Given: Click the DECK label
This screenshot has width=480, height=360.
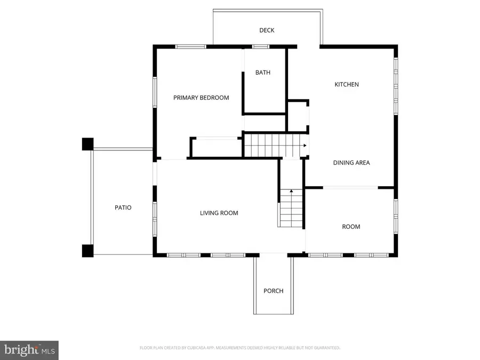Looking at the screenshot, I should [x=267, y=30].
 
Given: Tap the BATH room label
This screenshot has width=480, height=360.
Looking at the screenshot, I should [x=262, y=73].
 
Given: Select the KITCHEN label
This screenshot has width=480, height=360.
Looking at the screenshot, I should [x=347, y=84].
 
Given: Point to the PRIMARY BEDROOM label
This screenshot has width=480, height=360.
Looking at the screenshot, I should [x=201, y=98].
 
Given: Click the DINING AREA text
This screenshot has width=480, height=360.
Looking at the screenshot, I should [x=351, y=163].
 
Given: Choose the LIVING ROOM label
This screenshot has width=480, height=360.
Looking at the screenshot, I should [x=219, y=213].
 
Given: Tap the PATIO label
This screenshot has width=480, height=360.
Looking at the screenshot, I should [x=123, y=207].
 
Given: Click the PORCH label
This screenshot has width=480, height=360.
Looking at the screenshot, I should [x=273, y=291].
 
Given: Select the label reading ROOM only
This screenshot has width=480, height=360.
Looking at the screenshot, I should [x=351, y=227].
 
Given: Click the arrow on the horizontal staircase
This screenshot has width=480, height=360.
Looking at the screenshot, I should [x=305, y=145].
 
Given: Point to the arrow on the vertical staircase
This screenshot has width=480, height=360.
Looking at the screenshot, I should [x=291, y=190].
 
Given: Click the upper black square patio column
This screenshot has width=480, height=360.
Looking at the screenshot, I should [x=87, y=144].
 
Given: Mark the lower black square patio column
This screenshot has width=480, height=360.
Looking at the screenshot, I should [x=87, y=251].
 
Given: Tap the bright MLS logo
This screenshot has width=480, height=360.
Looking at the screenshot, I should [x=29, y=350].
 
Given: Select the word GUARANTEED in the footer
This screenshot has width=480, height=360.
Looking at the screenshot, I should [x=326, y=348].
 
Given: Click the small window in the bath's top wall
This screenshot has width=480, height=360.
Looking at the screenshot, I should [x=261, y=46].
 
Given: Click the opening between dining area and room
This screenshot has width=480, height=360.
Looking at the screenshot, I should [x=350, y=187].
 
